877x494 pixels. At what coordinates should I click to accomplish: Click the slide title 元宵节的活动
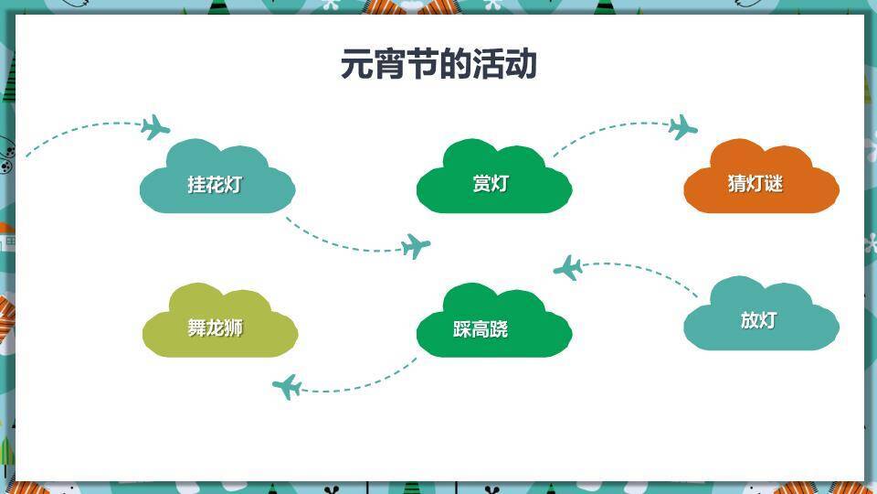[x=438, y=65]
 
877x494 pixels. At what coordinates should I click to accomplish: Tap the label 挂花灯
[x=216, y=184]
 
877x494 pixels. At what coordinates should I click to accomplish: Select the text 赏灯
[x=490, y=184]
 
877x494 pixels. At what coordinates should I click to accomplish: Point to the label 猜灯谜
[x=755, y=183]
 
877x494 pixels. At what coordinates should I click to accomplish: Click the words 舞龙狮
[x=216, y=328]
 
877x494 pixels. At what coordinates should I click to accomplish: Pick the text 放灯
[x=758, y=320]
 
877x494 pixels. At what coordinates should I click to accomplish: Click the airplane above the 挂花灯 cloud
[x=156, y=127]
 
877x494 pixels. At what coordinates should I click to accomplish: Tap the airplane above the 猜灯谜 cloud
[x=682, y=127]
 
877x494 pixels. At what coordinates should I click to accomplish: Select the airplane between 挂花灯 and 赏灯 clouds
[x=416, y=246]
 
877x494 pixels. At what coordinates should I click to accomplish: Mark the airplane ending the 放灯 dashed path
[x=568, y=268]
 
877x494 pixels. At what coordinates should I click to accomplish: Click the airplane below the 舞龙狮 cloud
[x=287, y=387]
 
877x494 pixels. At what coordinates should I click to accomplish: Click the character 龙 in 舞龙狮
[x=216, y=328]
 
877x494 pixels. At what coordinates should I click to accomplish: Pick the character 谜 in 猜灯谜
[x=774, y=183]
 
